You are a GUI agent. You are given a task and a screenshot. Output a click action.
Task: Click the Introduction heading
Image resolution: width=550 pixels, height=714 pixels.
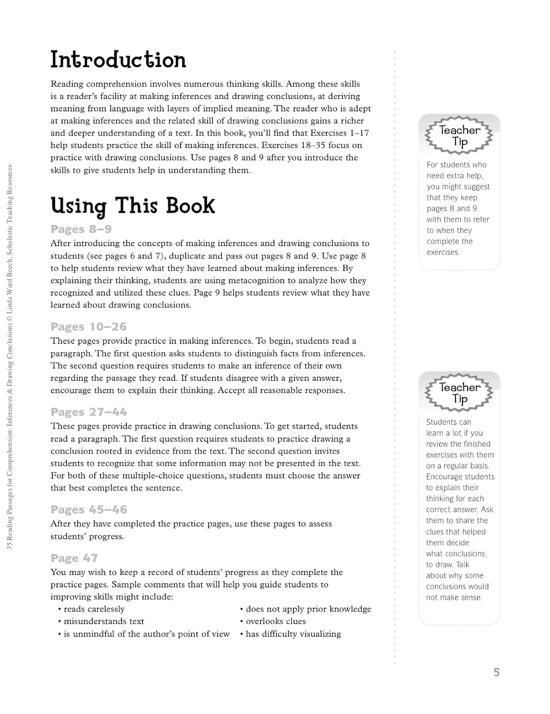118,60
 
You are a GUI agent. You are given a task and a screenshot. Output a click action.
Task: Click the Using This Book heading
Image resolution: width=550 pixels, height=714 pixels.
133,206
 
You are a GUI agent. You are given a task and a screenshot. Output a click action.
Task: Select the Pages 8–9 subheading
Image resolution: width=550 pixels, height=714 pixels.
81,229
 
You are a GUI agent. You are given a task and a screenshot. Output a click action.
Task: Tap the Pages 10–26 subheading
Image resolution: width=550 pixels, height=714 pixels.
89,327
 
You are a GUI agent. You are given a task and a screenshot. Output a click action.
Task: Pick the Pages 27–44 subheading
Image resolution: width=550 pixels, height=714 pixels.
89,412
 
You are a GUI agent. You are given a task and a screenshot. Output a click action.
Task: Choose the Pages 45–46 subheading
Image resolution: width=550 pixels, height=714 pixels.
89,510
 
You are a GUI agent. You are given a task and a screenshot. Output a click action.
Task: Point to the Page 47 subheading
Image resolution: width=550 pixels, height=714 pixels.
74,558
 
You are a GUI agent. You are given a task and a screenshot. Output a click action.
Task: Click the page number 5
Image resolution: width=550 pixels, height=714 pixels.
496,673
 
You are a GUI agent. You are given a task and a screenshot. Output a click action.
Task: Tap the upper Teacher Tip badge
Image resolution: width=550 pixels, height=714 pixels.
460,136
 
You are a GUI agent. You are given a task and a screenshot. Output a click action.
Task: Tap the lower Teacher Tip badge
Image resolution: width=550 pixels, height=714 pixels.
460,393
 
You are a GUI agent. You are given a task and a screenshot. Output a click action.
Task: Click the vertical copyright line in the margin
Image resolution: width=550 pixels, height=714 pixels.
10,357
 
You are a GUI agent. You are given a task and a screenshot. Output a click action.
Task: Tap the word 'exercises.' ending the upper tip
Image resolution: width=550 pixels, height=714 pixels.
443,253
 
